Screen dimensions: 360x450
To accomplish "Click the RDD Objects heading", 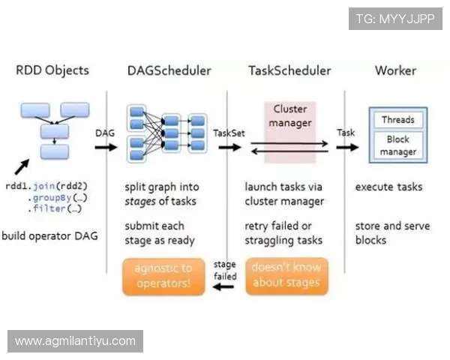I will click(x=52, y=71).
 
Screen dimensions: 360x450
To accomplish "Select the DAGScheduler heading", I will click(x=169, y=71).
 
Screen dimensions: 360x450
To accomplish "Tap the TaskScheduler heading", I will click(x=289, y=71).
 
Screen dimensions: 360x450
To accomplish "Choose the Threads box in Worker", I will click(x=397, y=120).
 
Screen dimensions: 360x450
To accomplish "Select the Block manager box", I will click(x=397, y=145).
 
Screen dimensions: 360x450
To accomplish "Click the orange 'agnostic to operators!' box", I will click(x=164, y=275).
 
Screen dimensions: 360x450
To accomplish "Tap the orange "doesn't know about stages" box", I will click(x=286, y=275).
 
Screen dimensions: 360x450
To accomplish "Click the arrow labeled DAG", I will click(x=106, y=147).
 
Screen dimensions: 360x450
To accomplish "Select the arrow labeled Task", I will click(x=347, y=147).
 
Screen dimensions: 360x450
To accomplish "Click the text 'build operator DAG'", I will click(x=49, y=236).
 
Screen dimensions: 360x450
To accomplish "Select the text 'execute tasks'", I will click(x=388, y=187).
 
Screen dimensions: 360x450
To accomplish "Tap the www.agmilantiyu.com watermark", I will click(x=75, y=341).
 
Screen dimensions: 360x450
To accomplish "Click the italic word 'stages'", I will click(x=140, y=202).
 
